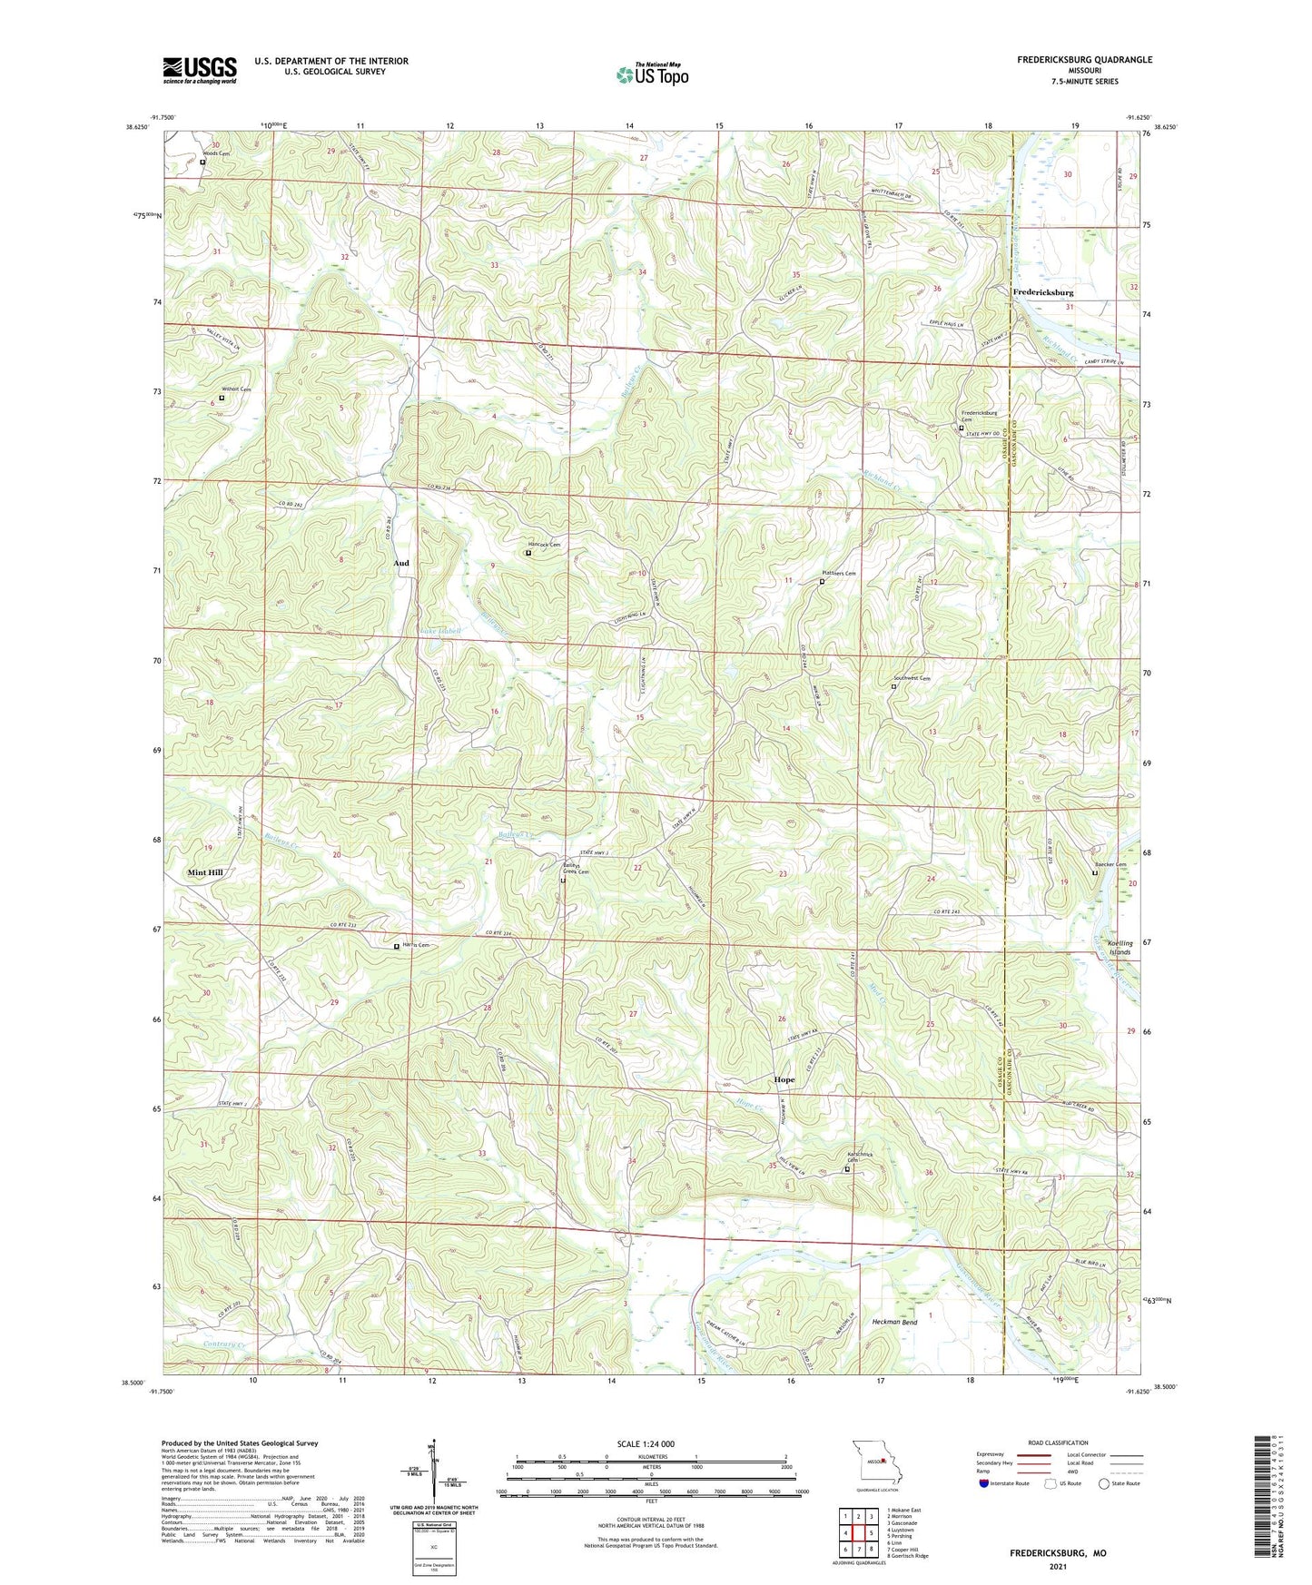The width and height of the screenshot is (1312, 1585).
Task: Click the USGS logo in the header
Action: tap(200, 70)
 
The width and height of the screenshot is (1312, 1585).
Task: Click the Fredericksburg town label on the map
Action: tap(1042, 293)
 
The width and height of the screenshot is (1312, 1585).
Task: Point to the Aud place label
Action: tap(400, 564)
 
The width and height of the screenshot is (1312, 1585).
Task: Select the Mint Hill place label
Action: tap(204, 872)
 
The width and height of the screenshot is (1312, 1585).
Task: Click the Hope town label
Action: tap(784, 1080)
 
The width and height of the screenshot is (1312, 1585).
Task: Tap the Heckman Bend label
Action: tap(894, 1323)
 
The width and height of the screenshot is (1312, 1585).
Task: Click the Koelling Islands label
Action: tap(1120, 948)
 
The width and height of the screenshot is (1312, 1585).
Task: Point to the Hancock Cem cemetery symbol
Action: tap(528, 553)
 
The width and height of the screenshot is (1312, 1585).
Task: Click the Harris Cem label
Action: tap(415, 945)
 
